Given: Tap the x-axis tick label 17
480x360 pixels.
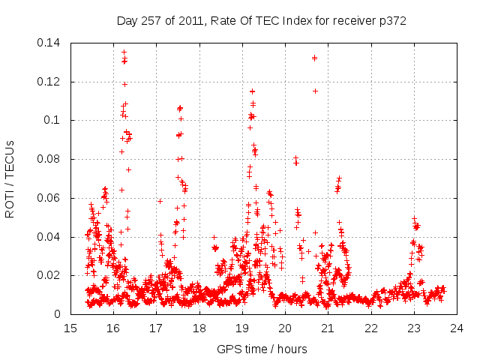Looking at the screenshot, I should point(156,328).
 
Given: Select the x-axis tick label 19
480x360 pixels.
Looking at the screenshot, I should point(242,328).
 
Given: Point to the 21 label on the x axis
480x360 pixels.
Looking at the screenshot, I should point(328,328).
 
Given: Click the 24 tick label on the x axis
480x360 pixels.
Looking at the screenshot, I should point(457,328).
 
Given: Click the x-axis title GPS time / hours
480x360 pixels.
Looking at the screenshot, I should point(262,349).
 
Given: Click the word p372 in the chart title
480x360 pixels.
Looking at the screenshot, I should point(391,21).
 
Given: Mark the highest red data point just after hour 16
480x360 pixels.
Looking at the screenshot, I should point(124,52).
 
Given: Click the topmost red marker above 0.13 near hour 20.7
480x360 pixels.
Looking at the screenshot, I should point(314,58).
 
